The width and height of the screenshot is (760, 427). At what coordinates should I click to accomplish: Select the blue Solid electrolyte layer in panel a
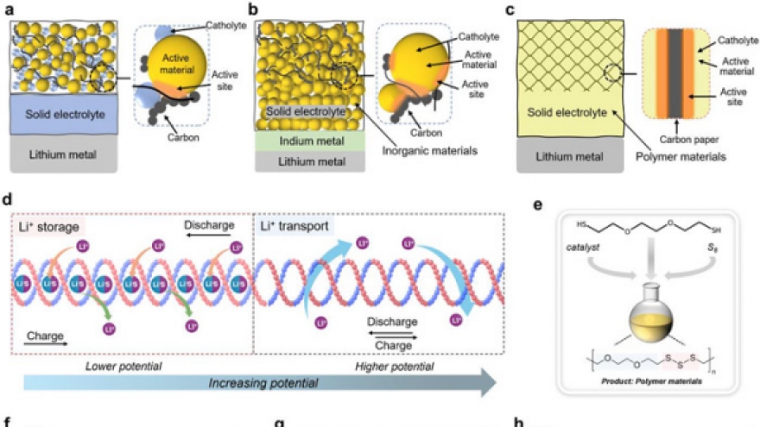(65, 114)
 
